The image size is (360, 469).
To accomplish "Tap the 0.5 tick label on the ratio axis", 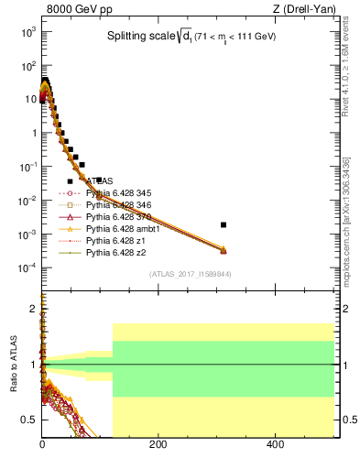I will pos(28,420).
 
